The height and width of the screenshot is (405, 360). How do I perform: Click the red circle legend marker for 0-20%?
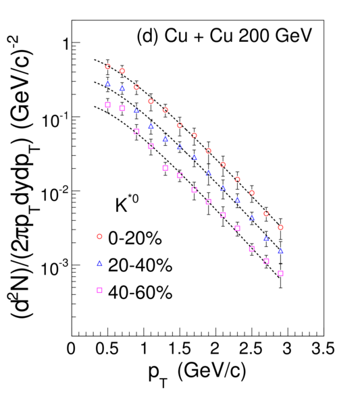coord(99,236)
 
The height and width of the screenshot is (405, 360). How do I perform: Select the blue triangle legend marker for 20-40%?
coord(99,263)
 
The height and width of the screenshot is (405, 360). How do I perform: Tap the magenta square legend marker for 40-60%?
coord(99,290)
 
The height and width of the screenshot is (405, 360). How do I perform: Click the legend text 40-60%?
coord(140,292)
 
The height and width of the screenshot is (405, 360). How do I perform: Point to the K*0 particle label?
coord(126,204)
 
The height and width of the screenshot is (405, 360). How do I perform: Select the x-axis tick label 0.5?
coord(107,348)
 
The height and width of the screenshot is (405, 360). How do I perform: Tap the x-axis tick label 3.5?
coord(323,348)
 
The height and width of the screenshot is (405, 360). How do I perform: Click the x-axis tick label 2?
coord(215,348)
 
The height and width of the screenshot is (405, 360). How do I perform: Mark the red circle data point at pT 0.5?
coord(108,66)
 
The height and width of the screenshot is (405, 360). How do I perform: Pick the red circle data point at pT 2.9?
coord(281,227)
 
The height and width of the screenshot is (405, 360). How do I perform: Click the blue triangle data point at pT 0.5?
coord(108,84)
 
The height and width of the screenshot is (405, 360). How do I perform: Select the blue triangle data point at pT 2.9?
coord(281,251)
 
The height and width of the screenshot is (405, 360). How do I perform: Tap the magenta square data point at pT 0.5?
coord(108,105)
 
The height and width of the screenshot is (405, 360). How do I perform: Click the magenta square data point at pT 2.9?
coord(281,273)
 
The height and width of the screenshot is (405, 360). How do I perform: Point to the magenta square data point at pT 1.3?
coord(165,168)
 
